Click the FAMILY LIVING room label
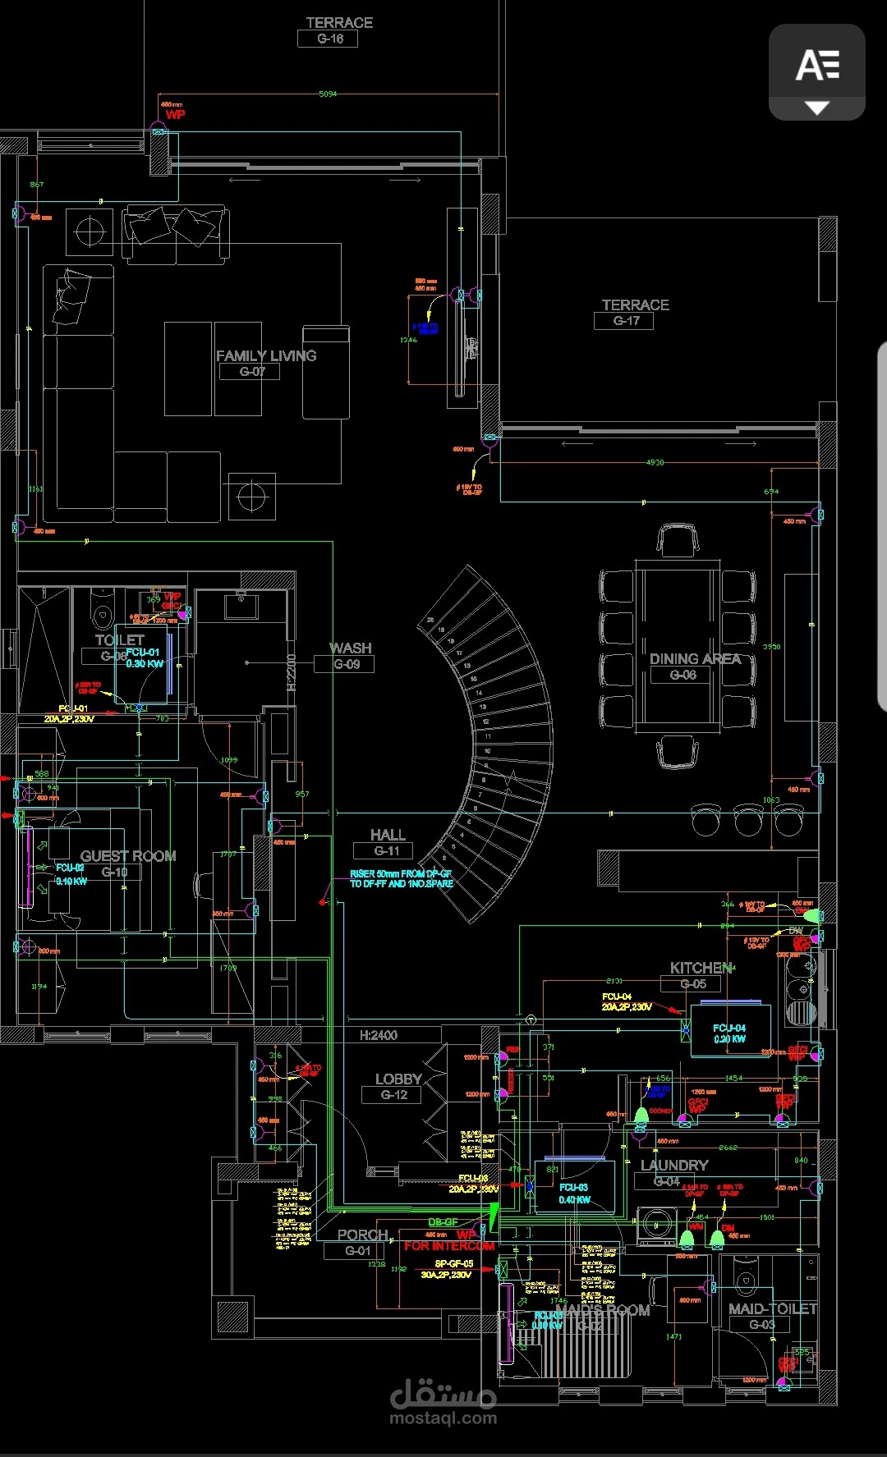[x=266, y=355]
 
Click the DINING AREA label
[x=695, y=659]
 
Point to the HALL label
[x=388, y=835]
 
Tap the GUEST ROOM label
[x=128, y=856]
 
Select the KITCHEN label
[x=701, y=968]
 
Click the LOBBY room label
[x=398, y=1079]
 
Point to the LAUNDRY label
[x=674, y=1166]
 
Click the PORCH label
[x=362, y=1235]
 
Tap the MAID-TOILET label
[x=772, y=1308]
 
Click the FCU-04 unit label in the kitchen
[x=729, y=1033]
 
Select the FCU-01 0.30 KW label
[x=144, y=657]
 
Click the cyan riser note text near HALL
[x=401, y=878]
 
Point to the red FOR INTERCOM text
[x=449, y=1246]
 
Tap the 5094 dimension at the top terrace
[x=328, y=94]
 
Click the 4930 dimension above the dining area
[x=655, y=463]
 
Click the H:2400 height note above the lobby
[x=378, y=1036]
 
